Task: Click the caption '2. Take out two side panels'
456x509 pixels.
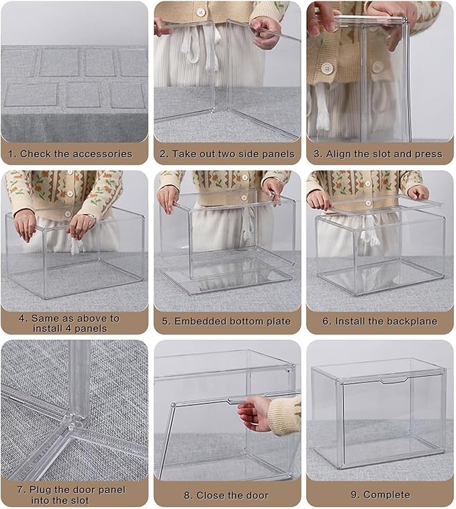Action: [228, 154]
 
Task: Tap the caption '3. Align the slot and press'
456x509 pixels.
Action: [379, 154]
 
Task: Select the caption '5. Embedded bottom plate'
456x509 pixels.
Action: [228, 322]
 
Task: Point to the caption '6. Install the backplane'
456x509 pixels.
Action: [379, 322]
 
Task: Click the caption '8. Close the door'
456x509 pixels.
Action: [228, 496]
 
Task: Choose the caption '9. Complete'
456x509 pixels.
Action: [379, 495]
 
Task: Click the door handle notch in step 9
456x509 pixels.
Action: [392, 381]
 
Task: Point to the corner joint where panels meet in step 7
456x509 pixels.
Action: [73, 420]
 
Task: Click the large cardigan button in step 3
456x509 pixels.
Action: [327, 68]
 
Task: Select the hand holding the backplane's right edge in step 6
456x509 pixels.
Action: [419, 193]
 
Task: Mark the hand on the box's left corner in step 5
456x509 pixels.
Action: [167, 197]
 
